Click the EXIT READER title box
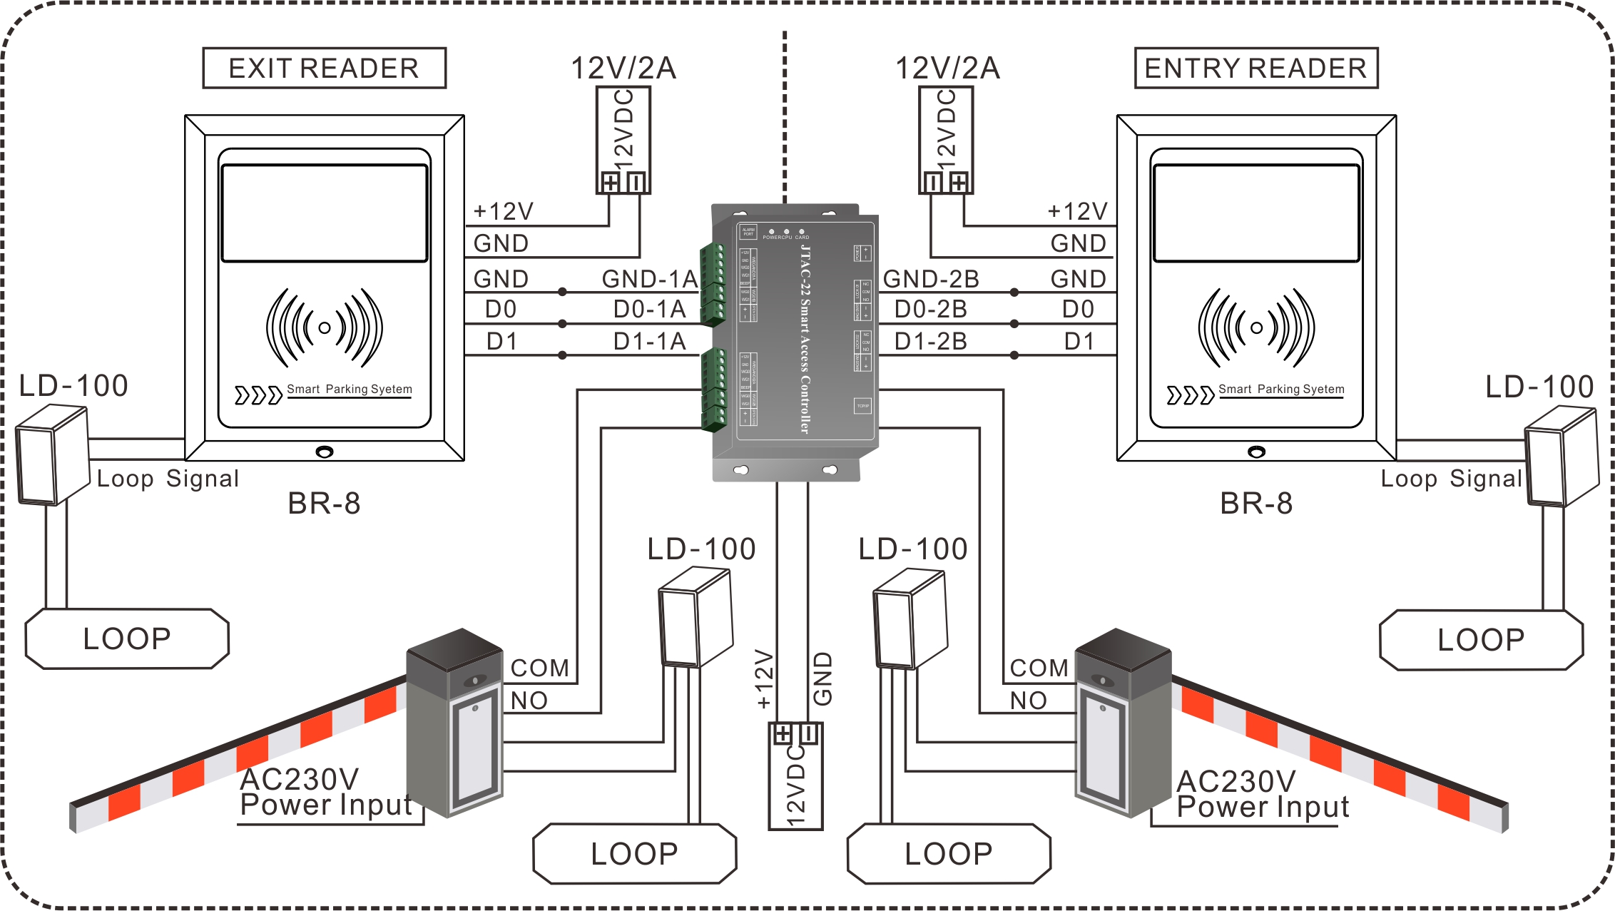(324, 68)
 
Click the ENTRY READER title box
(1255, 68)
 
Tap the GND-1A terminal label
(649, 279)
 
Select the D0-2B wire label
(931, 310)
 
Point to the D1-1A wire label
(649, 342)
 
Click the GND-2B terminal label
(931, 279)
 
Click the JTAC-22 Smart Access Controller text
(805, 339)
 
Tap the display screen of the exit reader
(325, 213)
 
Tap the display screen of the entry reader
(1256, 213)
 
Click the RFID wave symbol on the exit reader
(325, 328)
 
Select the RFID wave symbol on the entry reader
(1256, 328)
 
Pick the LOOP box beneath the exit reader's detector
(127, 639)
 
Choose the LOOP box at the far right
(1481, 640)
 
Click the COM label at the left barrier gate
(540, 668)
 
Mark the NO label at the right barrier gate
(1028, 701)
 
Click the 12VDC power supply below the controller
(795, 778)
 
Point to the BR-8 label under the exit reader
(324, 504)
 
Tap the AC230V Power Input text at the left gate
(325, 792)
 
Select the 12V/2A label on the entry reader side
(947, 68)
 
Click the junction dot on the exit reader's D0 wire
(562, 324)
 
